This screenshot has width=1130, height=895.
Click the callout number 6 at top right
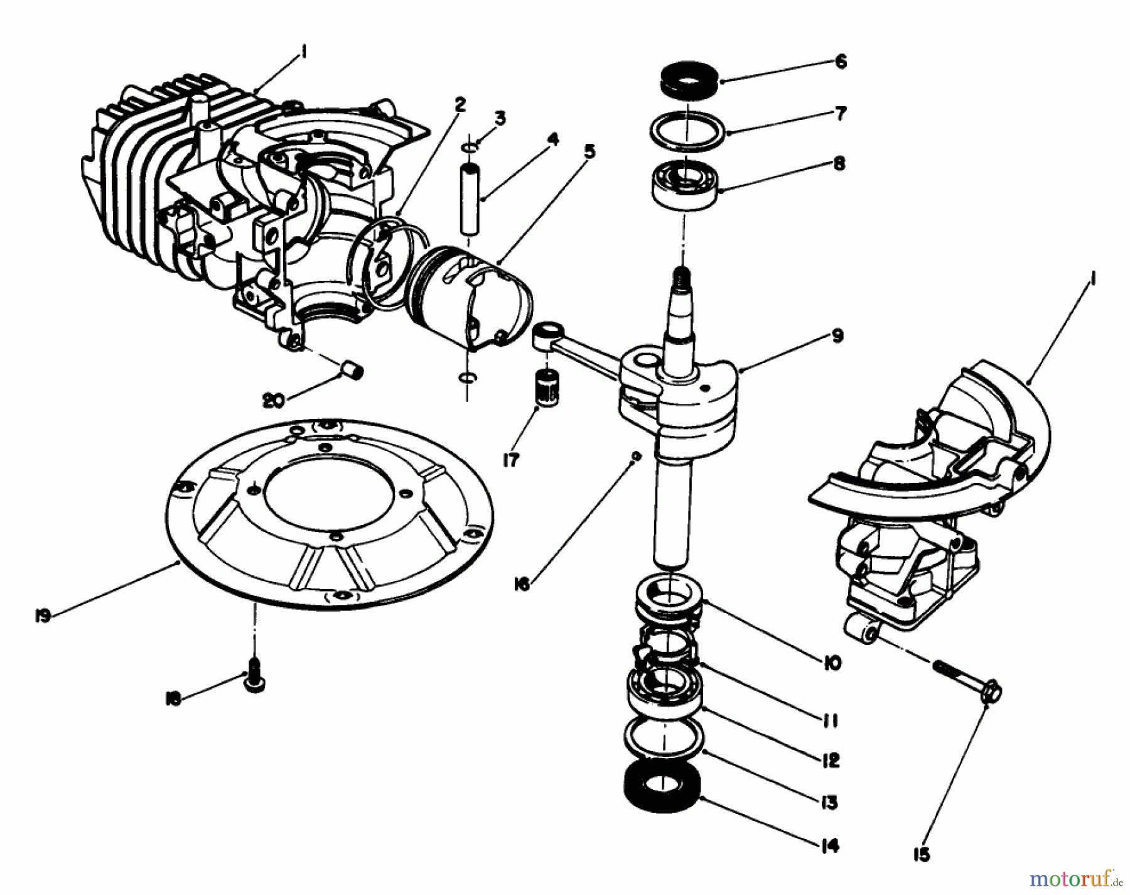pos(841,62)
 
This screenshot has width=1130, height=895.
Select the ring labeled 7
pos(687,131)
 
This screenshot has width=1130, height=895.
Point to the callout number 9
pos(837,336)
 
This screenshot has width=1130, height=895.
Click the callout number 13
pos(829,802)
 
